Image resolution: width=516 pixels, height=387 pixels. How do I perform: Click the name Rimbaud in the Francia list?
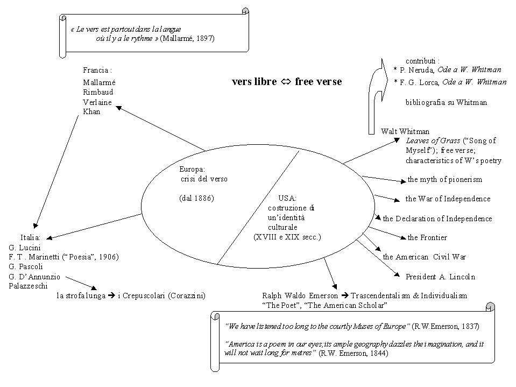pos(97,92)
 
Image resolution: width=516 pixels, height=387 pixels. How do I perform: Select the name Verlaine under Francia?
pos(97,102)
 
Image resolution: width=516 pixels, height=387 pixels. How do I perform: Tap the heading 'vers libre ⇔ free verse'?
pos(286,82)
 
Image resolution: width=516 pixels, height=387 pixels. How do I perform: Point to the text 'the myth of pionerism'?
pos(444,179)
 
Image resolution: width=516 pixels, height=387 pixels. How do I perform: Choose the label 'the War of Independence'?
pos(448,199)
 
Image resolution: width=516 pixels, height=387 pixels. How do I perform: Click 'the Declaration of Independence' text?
pos(437,219)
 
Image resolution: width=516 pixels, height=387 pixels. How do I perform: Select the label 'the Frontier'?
pos(427,237)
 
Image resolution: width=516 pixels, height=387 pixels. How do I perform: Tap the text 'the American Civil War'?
pos(425,257)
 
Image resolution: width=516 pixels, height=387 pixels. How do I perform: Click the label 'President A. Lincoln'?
pos(440,277)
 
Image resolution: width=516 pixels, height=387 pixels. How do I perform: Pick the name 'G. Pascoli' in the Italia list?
pos(26,266)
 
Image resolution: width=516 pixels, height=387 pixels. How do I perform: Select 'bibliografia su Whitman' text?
pos(446,102)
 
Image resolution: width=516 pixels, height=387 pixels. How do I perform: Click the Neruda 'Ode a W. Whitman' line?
pos(447,70)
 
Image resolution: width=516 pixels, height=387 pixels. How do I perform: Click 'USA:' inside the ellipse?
pos(287,198)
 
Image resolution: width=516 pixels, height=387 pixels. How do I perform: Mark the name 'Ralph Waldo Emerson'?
pos(300,295)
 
